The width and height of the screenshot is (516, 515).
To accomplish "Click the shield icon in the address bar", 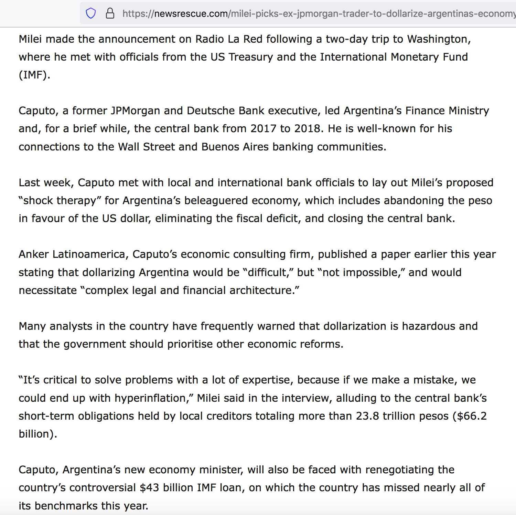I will click(91, 13).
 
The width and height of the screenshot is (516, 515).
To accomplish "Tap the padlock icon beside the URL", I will click(110, 13).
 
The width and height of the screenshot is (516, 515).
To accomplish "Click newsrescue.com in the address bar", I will click(191, 14).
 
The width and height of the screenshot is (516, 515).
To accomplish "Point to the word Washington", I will click(439, 39).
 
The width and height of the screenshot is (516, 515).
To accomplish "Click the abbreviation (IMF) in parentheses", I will click(34, 75).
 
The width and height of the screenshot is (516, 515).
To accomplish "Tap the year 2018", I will click(309, 129).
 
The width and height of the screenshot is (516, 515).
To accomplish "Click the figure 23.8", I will click(367, 416).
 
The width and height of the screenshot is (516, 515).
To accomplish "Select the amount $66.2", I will click(472, 416).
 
